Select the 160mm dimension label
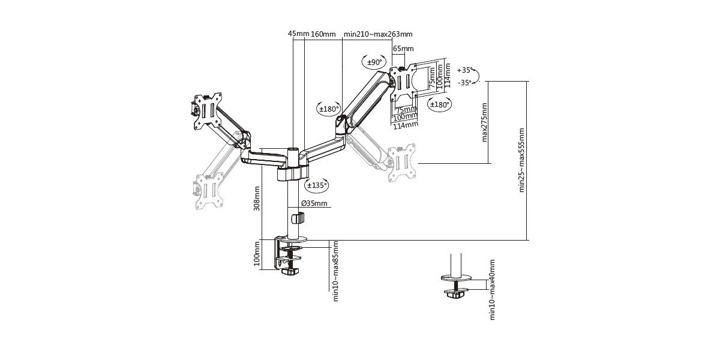point(323,34)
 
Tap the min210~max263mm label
point(378,34)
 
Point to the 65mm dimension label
point(403,49)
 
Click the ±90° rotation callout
point(374,62)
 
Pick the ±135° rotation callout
point(316,185)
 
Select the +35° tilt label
point(465,70)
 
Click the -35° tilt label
point(465,83)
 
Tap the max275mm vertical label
point(485,121)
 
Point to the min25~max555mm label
point(522,160)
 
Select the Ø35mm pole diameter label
point(315,203)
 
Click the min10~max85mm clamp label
point(336,271)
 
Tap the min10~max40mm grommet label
point(493,289)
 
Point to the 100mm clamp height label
point(257,253)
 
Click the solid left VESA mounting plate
point(207,111)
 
